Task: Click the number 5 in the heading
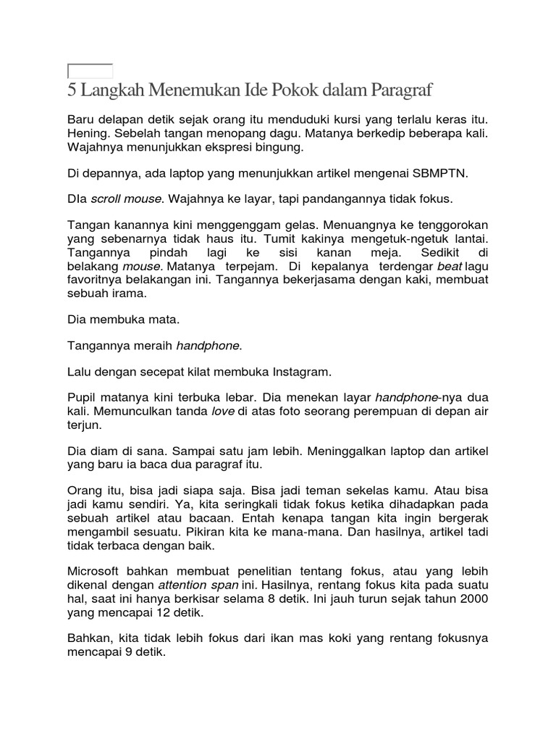(71, 92)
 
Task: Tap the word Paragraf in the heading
(401, 92)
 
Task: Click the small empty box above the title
(90, 71)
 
